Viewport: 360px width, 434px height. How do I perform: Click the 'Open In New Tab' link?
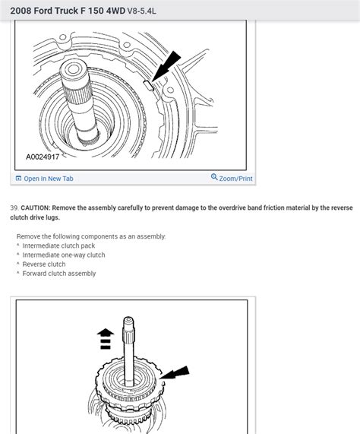pos(48,179)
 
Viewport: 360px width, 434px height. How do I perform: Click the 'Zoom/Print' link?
pos(236,178)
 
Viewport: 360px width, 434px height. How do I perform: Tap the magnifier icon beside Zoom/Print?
pos(214,177)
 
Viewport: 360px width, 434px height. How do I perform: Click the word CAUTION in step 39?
pos(37,207)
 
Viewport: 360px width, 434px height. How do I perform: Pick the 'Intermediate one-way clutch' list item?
pos(64,255)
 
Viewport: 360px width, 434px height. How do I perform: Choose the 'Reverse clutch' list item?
pos(44,265)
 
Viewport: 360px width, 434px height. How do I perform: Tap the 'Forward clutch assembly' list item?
pos(59,274)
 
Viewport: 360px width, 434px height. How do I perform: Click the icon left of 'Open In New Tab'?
pos(18,179)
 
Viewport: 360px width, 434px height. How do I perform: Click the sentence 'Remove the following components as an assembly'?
pos(91,236)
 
